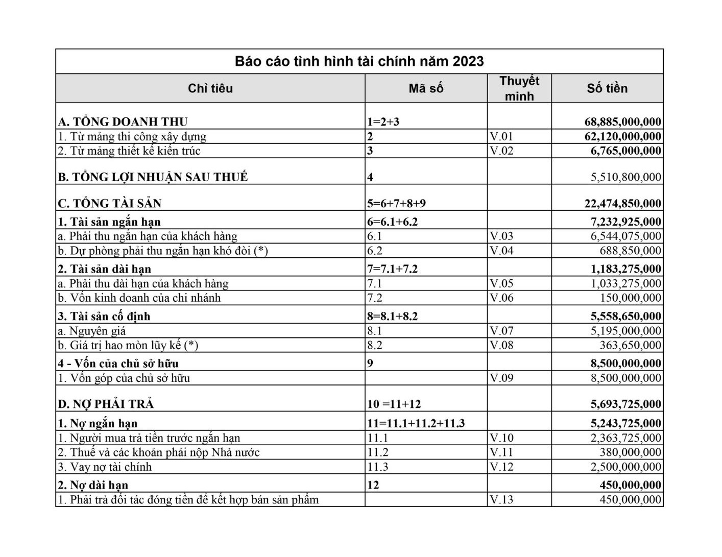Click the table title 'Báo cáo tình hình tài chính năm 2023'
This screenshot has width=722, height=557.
(359, 61)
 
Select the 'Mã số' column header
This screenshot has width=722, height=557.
(426, 88)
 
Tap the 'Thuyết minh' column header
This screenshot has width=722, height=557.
(519, 88)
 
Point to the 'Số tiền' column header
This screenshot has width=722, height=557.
(607, 88)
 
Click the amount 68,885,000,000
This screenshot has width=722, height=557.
(622, 122)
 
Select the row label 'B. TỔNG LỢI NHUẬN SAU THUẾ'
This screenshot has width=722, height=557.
(153, 177)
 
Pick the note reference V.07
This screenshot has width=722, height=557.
(501, 331)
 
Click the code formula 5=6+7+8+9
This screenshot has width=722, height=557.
(396, 204)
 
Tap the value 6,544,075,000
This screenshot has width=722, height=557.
(625, 236)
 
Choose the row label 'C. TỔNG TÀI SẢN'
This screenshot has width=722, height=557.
(109, 204)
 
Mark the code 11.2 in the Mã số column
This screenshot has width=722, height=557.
(378, 452)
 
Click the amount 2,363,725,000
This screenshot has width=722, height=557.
(625, 438)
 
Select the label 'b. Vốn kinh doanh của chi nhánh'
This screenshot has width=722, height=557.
(139, 298)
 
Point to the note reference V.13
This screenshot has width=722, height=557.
(501, 500)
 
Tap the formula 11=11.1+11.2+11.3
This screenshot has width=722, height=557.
(416, 423)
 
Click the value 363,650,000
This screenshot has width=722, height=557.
(630, 346)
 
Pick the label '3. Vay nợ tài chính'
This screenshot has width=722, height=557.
(105, 467)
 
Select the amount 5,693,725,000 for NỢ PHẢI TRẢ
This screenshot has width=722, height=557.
(625, 404)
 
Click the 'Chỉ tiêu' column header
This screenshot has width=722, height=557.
(210, 88)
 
